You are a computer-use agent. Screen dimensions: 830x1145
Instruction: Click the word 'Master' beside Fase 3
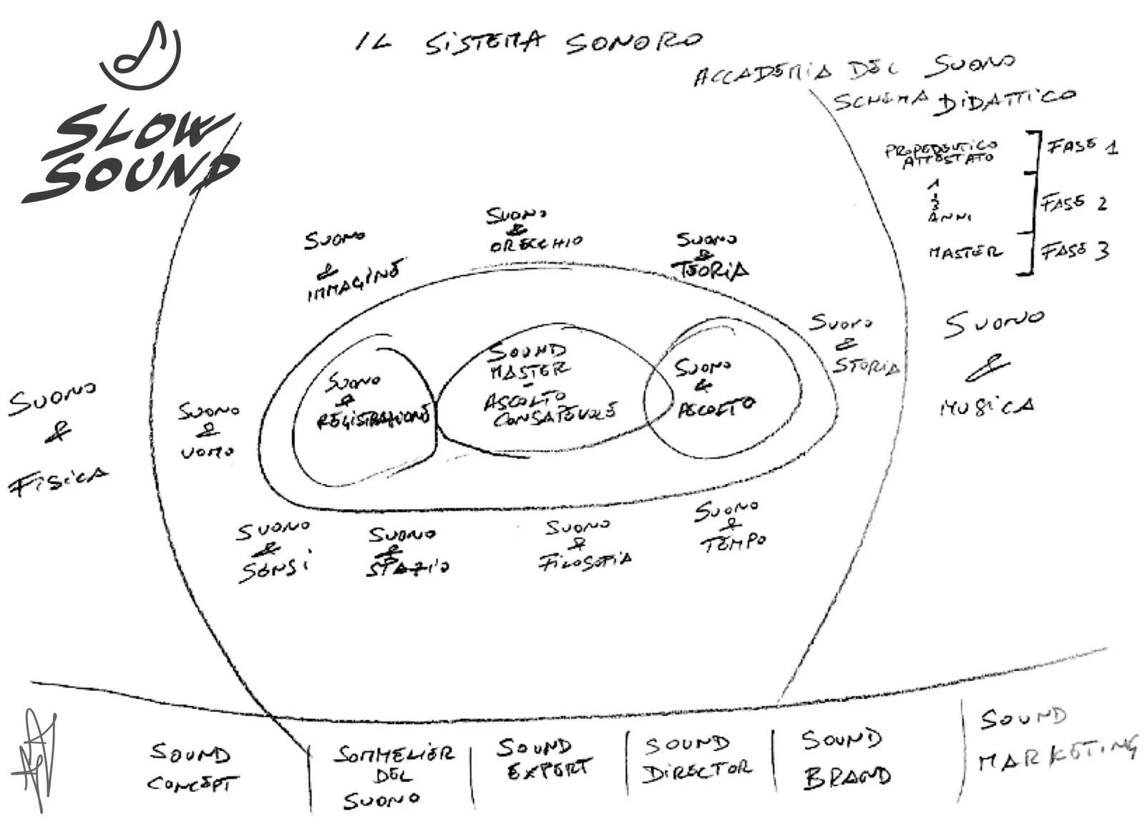[965, 252]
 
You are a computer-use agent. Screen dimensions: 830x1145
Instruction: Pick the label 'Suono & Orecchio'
[533, 230]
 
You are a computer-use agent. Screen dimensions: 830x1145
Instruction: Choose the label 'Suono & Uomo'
[208, 430]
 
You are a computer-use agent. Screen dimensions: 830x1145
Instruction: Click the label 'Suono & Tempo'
[730, 526]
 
